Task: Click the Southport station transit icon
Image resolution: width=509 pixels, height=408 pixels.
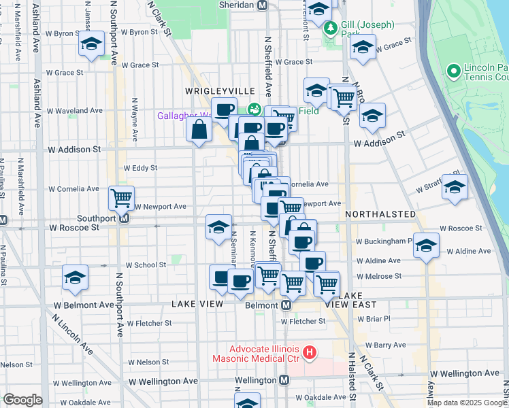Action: tap(124, 218)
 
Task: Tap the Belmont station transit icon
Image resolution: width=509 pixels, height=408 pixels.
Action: tap(287, 305)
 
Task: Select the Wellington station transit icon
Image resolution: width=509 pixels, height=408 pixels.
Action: tap(284, 380)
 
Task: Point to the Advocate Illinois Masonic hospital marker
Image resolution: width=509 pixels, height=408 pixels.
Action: tap(310, 352)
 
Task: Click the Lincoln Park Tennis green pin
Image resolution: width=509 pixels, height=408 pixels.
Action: tap(453, 71)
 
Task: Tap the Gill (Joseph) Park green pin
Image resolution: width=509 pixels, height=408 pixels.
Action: tap(331, 28)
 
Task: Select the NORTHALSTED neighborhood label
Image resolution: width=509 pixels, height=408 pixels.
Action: tap(380, 214)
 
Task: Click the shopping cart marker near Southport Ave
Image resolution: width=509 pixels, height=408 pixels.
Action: tap(121, 198)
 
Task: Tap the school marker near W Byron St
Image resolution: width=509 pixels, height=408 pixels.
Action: tap(91, 44)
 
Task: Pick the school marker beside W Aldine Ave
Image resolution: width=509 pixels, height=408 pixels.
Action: tap(426, 245)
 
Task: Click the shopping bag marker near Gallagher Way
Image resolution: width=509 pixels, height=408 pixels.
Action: tap(199, 129)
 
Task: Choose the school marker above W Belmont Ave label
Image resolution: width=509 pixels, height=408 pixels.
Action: tap(75, 277)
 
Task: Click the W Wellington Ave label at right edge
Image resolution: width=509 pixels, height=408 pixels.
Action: tap(469, 373)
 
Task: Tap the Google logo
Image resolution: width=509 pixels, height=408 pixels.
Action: tap(22, 400)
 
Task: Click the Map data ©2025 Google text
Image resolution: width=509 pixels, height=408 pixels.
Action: tap(466, 403)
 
